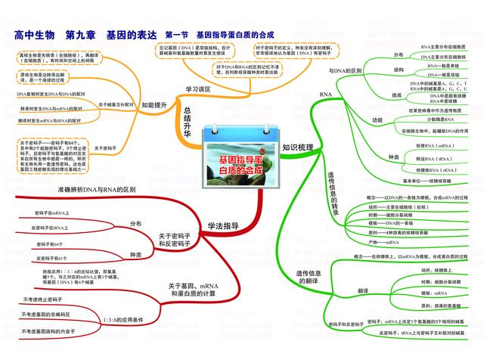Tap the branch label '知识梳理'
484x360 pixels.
297,147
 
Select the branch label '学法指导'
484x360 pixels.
223,225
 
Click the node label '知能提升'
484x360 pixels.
155,105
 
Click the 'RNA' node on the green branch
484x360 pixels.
326,95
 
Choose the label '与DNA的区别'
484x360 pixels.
346,70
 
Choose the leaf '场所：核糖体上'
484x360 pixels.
442,268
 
